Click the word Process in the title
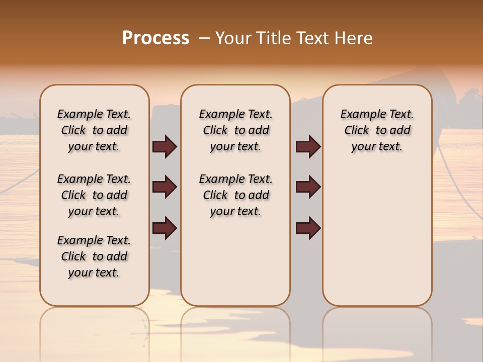(x=155, y=38)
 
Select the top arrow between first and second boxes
(x=165, y=146)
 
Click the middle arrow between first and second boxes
(x=165, y=187)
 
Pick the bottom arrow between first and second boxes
(x=165, y=228)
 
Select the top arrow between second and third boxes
(x=308, y=146)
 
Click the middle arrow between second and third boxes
(x=308, y=187)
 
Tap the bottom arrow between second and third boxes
(x=308, y=228)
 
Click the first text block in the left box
(x=94, y=130)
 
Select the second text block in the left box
(x=94, y=195)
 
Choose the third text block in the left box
(x=94, y=256)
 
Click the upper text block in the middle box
(x=235, y=130)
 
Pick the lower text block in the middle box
(x=235, y=195)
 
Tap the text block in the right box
(x=377, y=130)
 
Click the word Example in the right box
(x=360, y=115)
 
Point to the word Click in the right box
(x=357, y=131)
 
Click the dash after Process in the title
(x=204, y=38)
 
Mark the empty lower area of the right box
(x=377, y=231)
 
